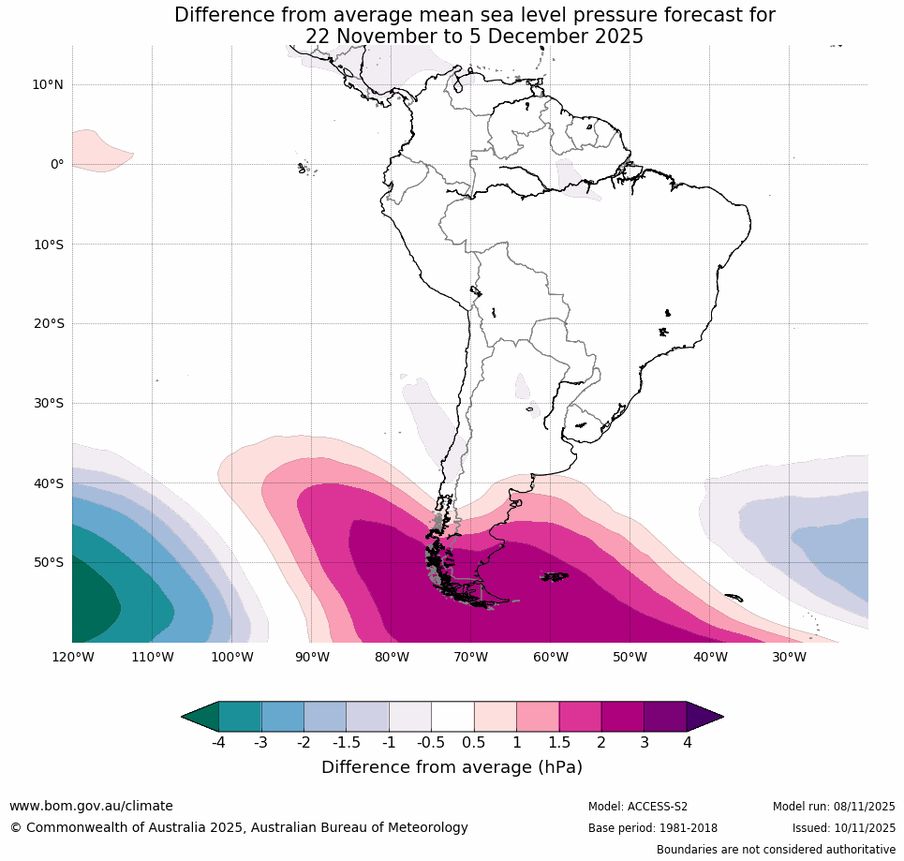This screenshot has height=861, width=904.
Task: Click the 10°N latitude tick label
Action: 48,84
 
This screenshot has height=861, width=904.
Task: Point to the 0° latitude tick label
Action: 57,164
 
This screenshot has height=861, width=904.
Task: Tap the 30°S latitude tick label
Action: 48,403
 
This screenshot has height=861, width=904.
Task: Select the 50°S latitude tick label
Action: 48,562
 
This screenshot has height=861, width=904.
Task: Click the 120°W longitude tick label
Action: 72,657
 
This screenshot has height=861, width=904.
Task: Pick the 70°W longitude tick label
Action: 470,657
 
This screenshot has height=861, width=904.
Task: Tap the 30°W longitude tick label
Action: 789,657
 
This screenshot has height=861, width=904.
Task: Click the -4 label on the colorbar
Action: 217,743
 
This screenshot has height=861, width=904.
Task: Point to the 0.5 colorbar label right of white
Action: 474,743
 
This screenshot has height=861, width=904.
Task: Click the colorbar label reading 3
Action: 644,743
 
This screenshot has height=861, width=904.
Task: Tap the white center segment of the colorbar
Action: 452,717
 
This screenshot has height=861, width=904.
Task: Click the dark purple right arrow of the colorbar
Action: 704,717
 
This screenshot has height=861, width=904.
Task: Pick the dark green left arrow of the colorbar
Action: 200,717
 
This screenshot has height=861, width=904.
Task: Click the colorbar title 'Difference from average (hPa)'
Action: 452,767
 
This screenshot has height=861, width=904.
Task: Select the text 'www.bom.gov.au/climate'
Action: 91,806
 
